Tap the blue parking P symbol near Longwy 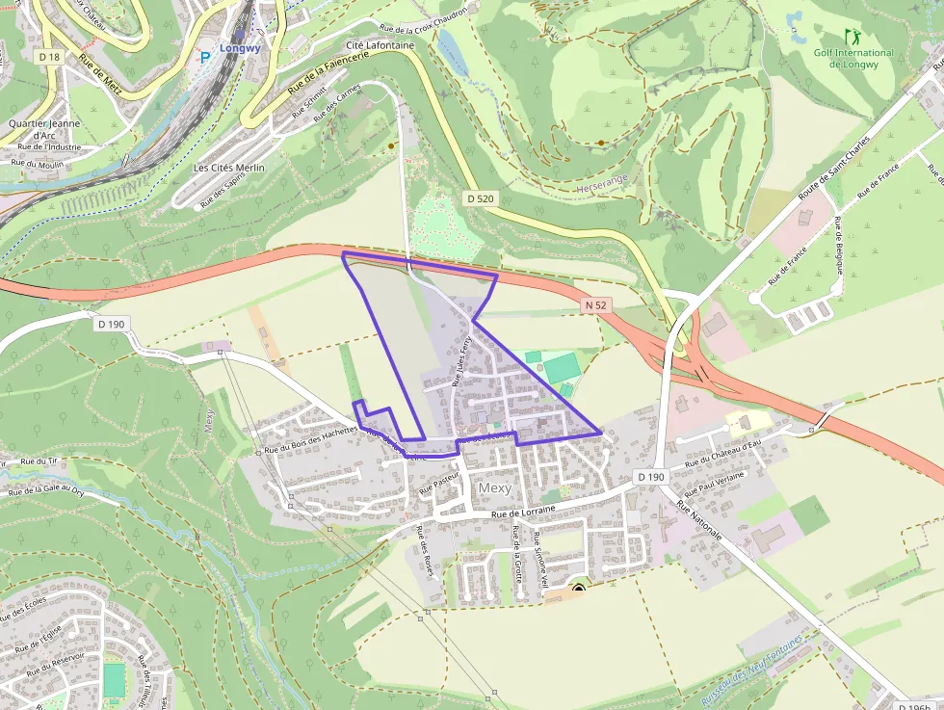pos(204,57)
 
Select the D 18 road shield pos(49,57)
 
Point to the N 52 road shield pos(597,305)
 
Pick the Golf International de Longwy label pos(853,58)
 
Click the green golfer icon pos(852,37)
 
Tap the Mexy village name pos(495,488)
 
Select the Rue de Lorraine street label pos(524,513)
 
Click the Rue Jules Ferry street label pos(462,360)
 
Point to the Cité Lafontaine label pos(380,45)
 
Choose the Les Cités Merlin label pos(228,168)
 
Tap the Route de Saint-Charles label pos(833,170)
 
